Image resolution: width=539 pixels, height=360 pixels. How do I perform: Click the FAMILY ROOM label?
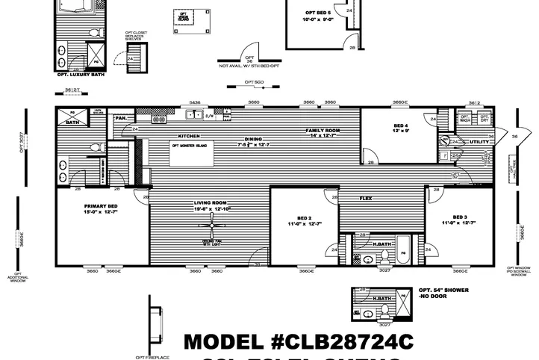coord(322,131)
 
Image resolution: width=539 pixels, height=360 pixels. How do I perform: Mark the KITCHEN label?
coord(188,136)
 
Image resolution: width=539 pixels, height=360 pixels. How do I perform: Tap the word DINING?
coord(255,138)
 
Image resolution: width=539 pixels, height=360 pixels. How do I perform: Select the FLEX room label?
coord(366,199)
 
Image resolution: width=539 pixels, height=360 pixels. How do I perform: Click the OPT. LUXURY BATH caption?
coord(80,75)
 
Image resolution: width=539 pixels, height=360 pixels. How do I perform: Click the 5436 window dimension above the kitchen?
coord(196,102)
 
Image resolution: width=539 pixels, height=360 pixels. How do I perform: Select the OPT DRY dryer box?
coord(485,117)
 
